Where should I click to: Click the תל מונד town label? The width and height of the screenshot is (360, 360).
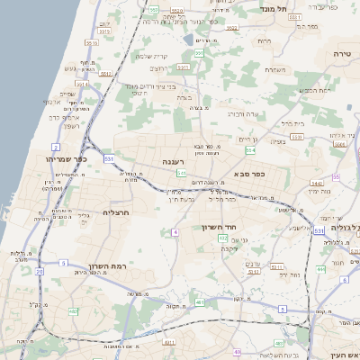(x=274, y=7)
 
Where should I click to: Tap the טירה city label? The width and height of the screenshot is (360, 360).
(x=342, y=54)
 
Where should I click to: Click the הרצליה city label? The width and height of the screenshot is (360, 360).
(x=117, y=212)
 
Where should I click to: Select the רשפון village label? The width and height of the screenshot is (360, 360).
(x=73, y=125)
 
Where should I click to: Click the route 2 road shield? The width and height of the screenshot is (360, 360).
(x=56, y=146)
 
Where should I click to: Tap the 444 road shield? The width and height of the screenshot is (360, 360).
(x=321, y=268)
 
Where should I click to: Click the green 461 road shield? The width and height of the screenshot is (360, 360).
(x=199, y=302)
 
